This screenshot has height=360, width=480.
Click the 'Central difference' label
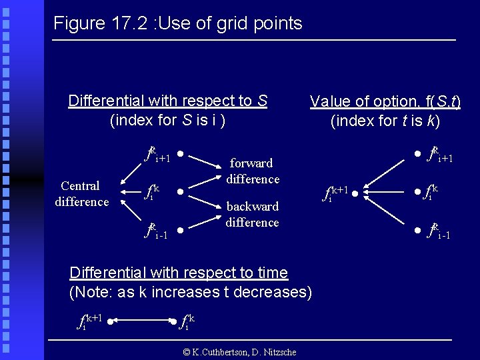[81, 193]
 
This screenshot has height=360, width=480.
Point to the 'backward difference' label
[252, 214]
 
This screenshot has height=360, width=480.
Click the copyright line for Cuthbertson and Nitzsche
[239, 352]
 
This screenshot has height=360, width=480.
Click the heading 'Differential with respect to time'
[179, 273]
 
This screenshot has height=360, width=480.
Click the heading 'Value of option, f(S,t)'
[385, 101]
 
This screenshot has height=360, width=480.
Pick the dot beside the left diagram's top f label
[181, 151]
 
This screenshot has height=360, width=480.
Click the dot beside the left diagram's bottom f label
[181, 231]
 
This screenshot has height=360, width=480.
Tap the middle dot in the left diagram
[181, 191]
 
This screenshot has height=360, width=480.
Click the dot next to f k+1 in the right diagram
[355, 194]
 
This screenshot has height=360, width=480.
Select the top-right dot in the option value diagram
[417, 154]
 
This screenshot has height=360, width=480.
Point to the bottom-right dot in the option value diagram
[417, 231]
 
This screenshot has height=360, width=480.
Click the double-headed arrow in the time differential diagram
[143, 321]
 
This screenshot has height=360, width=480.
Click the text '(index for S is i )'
[167, 121]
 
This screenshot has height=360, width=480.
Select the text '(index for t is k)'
[385, 121]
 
